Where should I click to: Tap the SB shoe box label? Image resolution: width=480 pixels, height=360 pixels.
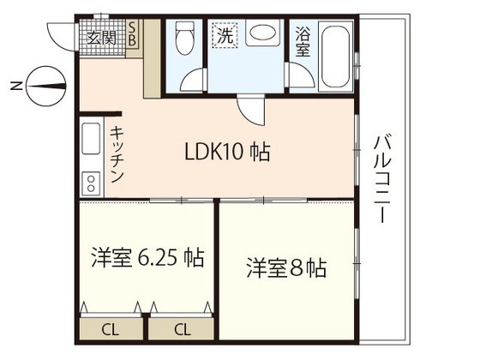134,34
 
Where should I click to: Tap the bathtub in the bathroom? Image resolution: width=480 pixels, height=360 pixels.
336,56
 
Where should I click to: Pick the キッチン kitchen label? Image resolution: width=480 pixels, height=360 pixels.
117,155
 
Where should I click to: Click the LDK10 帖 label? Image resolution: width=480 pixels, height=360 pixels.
228,153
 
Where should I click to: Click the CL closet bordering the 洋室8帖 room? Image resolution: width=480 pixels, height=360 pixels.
183,328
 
